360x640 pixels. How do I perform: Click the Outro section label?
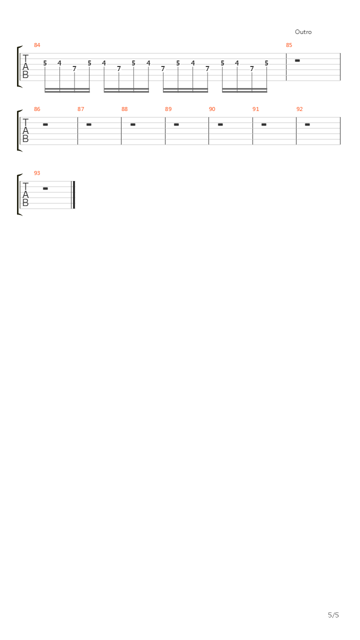[303, 32]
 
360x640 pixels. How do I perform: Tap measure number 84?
[37, 45]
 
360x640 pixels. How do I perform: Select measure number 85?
[289, 45]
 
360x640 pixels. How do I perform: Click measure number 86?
[37, 109]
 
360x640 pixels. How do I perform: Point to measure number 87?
[81, 109]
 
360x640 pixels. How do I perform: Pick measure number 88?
[124, 109]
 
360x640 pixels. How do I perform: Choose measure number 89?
[168, 109]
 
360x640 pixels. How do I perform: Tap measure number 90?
[212, 109]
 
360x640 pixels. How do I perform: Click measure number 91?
[255, 109]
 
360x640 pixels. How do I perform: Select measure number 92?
[299, 109]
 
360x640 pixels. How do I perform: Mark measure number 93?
[37, 173]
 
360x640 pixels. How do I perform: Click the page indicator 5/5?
[333, 615]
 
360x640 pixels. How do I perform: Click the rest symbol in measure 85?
[297, 60]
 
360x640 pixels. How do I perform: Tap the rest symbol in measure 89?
[176, 124]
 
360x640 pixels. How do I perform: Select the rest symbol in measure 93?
[45, 188]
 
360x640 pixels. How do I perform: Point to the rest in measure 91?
[263, 124]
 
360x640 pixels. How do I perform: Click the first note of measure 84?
[45, 63]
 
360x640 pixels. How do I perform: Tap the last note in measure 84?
[266, 63]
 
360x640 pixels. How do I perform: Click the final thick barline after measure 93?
[74, 195]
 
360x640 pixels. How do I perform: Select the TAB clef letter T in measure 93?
[25, 186]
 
